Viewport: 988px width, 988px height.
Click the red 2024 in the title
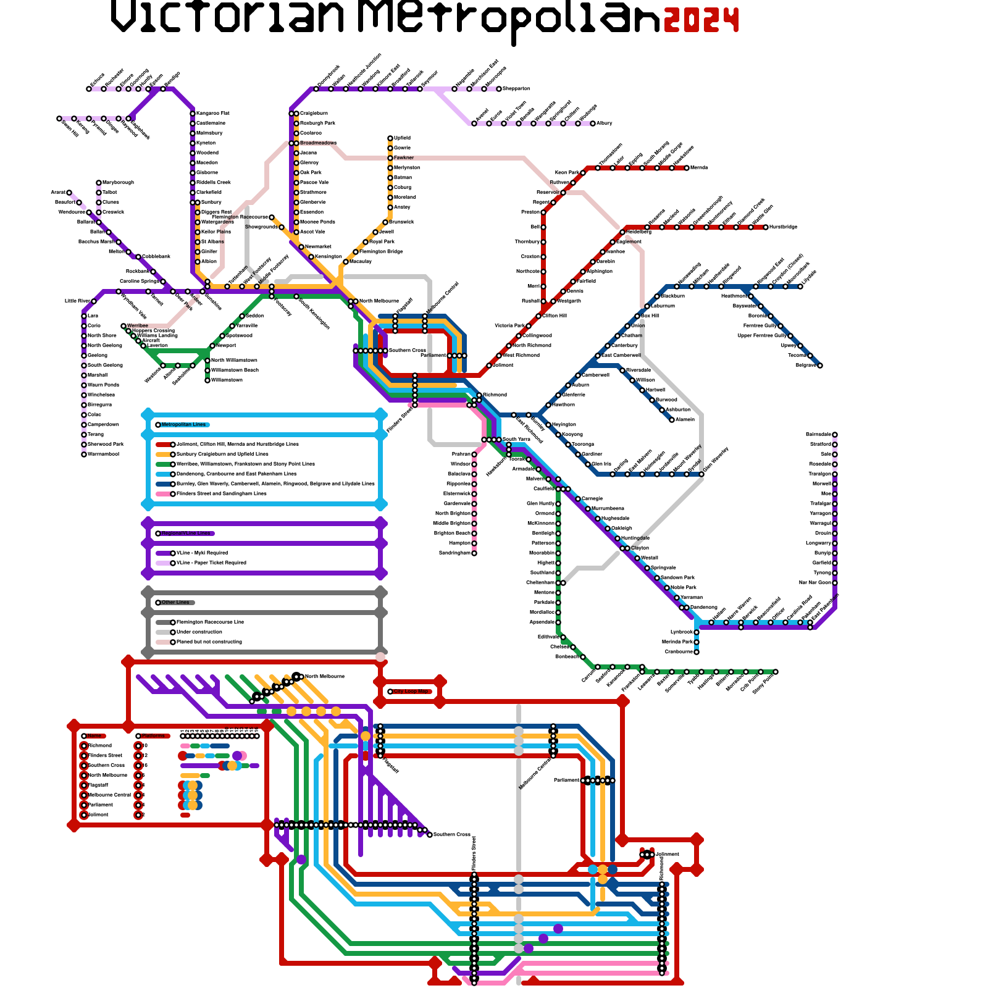pyautogui.click(x=701, y=20)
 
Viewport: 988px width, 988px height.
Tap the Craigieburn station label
pyautogui.click(x=314, y=114)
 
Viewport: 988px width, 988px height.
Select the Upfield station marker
pyautogui.click(x=390, y=138)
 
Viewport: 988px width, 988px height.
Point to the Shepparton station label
pyautogui.click(x=516, y=89)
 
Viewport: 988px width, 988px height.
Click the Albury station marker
pyautogui.click(x=593, y=124)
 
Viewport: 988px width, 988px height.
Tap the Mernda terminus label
pyautogui.click(x=698, y=168)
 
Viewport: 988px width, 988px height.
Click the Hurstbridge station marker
pyautogui.click(x=766, y=227)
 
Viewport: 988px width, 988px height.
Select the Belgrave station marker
pyautogui.click(x=820, y=366)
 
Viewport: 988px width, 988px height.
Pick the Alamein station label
pyautogui.click(x=685, y=420)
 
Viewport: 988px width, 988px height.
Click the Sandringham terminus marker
pyautogui.click(x=474, y=553)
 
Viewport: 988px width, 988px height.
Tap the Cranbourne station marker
pyautogui.click(x=697, y=652)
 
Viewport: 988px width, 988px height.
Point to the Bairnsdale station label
pyautogui.click(x=818, y=435)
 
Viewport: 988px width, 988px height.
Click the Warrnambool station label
pyautogui.click(x=103, y=454)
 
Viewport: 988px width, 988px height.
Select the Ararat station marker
pyautogui.click(x=69, y=193)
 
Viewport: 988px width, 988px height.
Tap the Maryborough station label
pyautogui.click(x=118, y=183)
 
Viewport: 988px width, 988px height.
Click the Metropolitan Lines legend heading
pyautogui.click(x=183, y=425)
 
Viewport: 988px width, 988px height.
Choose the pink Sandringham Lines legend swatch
pyautogui.click(x=162, y=494)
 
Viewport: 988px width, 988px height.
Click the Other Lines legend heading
pyautogui.click(x=175, y=603)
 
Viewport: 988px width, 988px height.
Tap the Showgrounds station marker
pyautogui.click(x=282, y=227)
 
